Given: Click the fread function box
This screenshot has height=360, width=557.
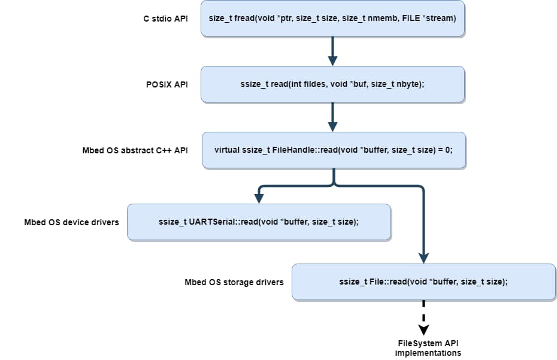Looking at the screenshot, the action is tap(332, 19).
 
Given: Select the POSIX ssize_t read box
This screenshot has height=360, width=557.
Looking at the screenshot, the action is tap(332, 84).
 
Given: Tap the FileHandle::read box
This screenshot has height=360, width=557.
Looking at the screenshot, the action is tap(333, 150).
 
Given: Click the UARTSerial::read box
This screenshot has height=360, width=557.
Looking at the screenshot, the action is tap(259, 222).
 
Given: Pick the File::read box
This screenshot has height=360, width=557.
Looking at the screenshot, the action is tap(423, 282).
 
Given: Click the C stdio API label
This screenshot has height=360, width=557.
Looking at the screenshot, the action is tap(165, 19).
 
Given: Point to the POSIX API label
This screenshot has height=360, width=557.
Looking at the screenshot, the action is tap(167, 84).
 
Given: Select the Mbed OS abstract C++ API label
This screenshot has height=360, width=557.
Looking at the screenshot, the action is tap(135, 150).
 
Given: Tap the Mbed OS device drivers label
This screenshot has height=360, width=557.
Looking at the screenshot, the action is tap(71, 222).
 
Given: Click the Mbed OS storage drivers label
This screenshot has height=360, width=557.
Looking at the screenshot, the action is tap(234, 282).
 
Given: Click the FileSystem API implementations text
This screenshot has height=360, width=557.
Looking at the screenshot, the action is tap(428, 348).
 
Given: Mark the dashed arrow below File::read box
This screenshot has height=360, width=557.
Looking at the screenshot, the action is tap(423, 316).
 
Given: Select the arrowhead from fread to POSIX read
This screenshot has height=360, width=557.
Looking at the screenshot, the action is tap(332, 60).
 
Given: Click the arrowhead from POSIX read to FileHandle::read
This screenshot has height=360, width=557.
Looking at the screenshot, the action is tap(332, 126).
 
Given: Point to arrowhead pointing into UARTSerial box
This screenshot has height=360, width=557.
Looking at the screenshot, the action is tap(259, 198).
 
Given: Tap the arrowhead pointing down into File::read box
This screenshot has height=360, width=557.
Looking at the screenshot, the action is tap(423, 258).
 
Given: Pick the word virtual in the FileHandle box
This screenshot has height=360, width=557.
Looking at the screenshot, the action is tap(227, 150).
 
